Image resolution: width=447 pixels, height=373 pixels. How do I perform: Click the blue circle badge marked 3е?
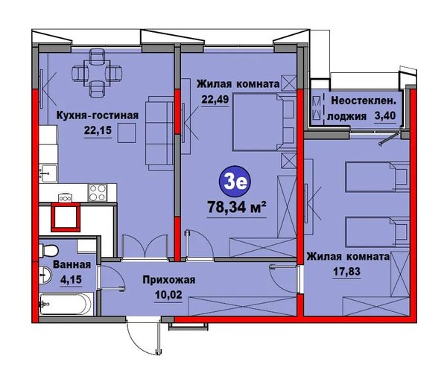point(235,182)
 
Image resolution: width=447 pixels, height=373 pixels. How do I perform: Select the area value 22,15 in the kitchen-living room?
point(98,130)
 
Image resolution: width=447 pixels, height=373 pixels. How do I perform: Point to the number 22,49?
point(215,100)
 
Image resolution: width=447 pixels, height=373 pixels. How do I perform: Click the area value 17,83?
point(346,271)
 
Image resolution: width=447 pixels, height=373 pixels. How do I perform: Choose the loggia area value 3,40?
point(385,116)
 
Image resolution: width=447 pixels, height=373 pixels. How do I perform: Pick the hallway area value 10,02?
point(168,295)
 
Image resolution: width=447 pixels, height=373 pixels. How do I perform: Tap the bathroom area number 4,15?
point(71,279)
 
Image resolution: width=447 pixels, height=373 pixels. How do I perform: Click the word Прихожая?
point(169,280)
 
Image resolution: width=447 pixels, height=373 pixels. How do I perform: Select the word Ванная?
point(72,265)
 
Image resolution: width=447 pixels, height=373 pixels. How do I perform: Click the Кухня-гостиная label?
point(97,115)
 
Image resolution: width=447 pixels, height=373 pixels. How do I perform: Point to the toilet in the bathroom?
point(48,250)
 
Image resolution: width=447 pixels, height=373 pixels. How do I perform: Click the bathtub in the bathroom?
point(66,304)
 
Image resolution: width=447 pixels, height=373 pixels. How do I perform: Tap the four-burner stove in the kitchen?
point(98,193)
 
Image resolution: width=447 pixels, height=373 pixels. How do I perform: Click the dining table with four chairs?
point(97,73)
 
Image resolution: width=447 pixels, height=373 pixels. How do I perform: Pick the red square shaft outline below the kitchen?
point(66,217)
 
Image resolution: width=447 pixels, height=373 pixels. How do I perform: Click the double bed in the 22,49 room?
point(264,121)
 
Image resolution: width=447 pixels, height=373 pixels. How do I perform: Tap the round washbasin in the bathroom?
point(45,275)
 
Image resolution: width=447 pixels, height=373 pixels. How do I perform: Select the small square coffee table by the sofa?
point(127,133)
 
